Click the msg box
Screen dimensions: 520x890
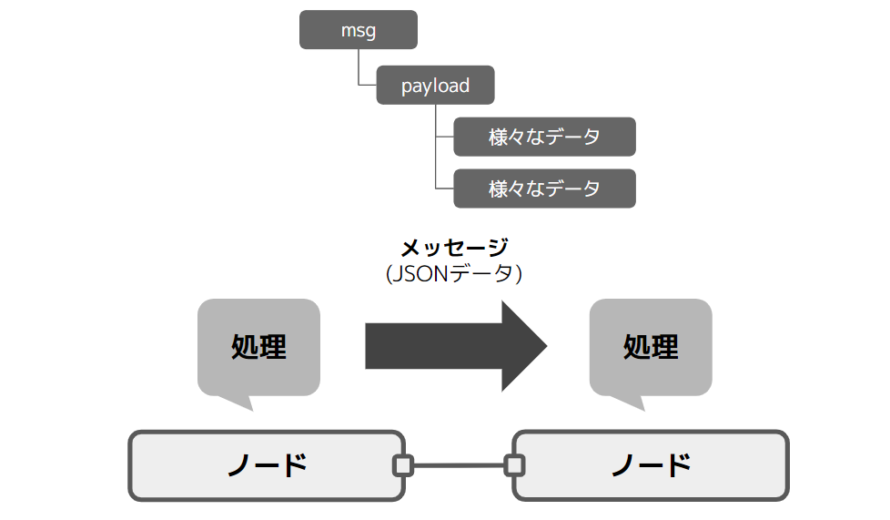click(358, 30)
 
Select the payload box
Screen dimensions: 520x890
click(435, 86)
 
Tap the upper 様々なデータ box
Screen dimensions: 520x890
click(544, 137)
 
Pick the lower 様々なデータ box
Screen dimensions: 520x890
click(544, 189)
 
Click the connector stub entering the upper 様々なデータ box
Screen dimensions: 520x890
click(445, 138)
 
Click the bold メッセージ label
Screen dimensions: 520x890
click(454, 247)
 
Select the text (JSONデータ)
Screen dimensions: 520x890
click(454, 273)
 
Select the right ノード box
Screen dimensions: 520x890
click(650, 465)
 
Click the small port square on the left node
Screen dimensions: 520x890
click(402, 465)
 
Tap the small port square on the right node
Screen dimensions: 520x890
click(514, 465)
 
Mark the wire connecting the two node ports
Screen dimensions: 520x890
click(458, 465)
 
